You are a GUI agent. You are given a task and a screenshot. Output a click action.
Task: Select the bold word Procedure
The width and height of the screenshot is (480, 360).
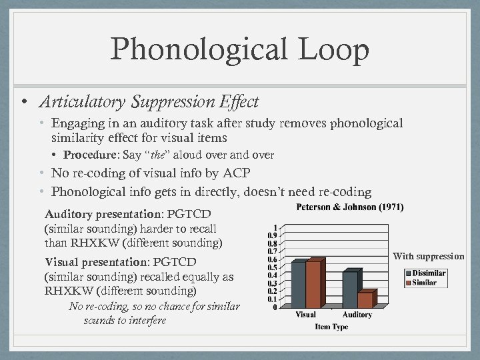[87, 155]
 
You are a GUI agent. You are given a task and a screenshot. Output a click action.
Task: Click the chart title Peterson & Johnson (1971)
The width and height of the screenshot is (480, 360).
[349, 207]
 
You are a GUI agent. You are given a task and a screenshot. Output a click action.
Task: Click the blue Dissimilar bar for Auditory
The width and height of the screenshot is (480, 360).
[349, 289]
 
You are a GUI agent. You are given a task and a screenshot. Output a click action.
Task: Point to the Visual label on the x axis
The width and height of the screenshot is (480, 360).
[305, 315]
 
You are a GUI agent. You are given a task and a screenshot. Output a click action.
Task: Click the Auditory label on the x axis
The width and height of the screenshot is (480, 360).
[357, 315]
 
